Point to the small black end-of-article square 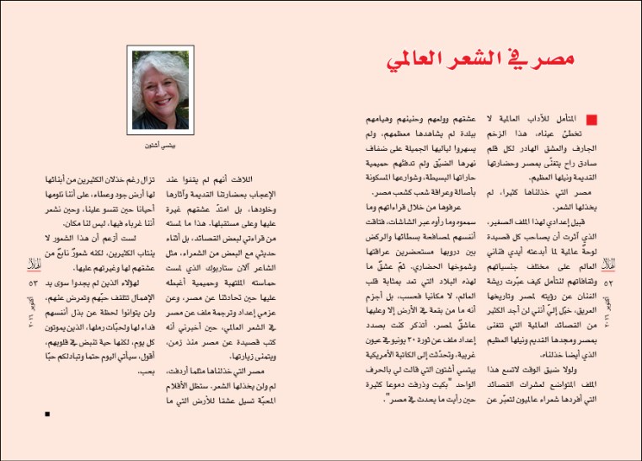[x=48, y=414]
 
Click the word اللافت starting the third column [x=243, y=178]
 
